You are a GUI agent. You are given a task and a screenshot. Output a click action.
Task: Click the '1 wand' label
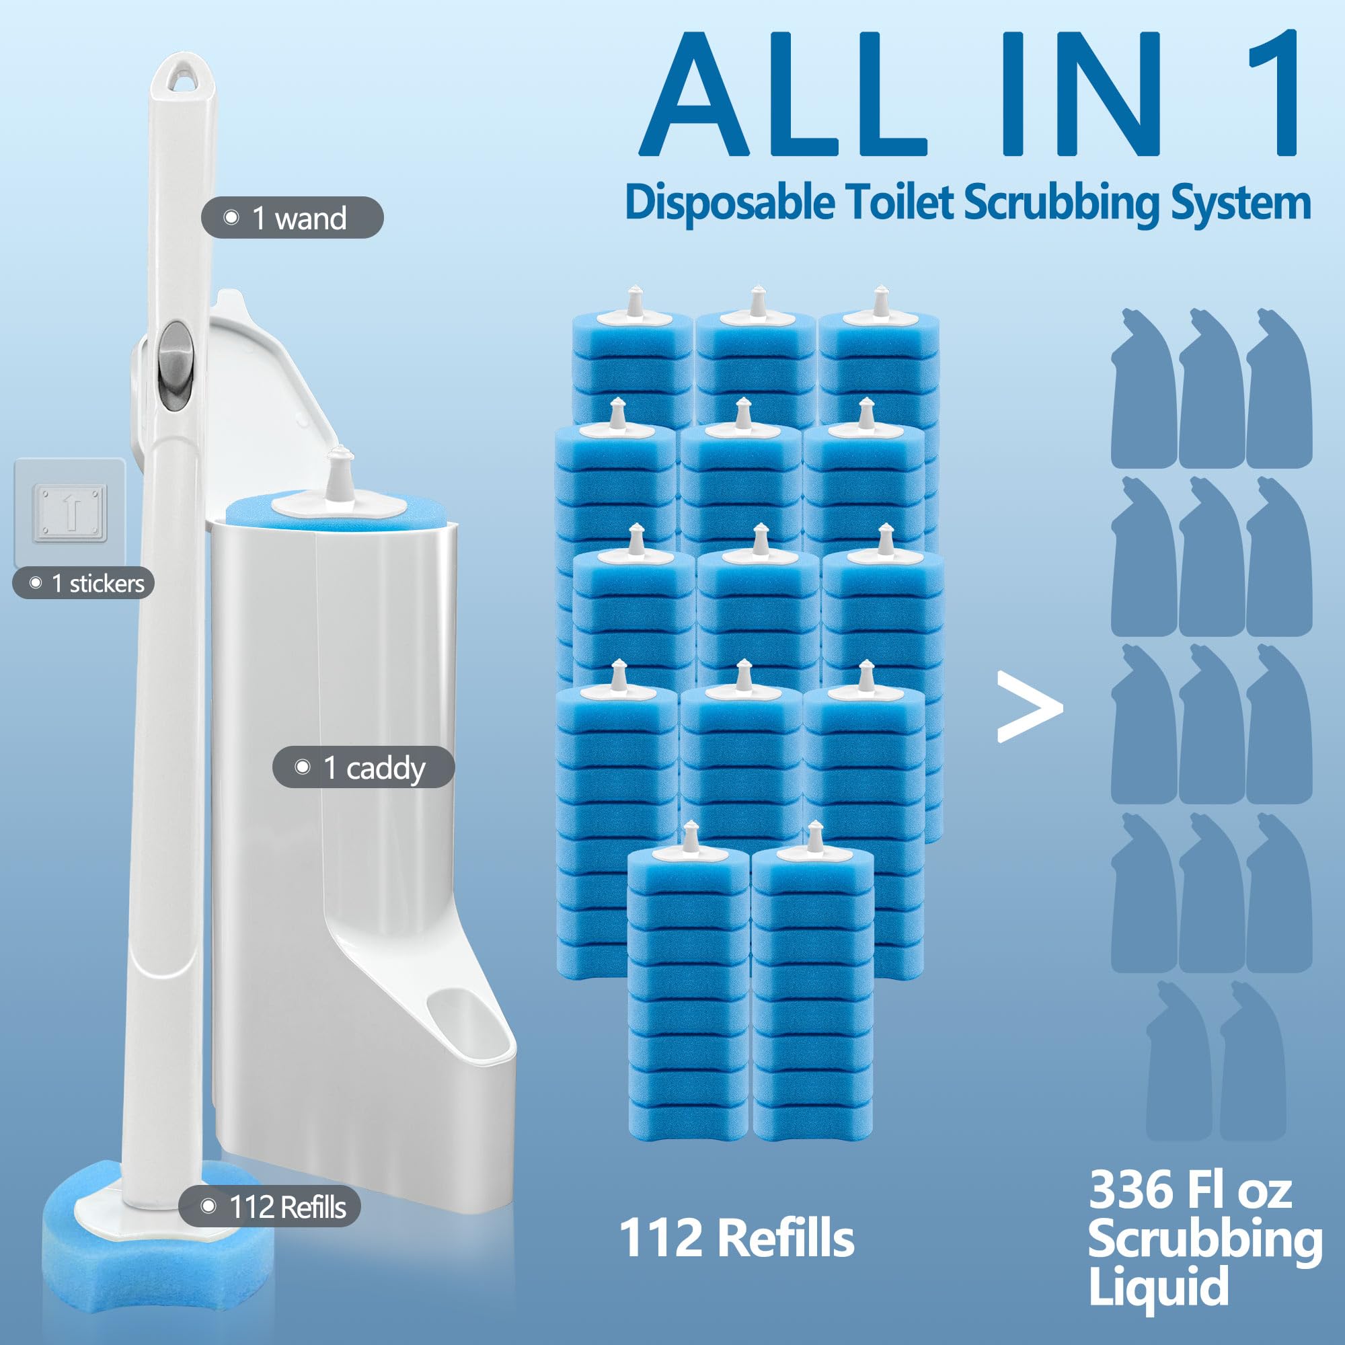[x=293, y=218]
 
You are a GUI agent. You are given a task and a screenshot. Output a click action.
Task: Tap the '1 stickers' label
[x=83, y=583]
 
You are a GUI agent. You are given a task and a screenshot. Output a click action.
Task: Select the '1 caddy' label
[x=363, y=767]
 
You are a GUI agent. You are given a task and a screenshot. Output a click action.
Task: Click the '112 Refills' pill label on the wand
[x=270, y=1206]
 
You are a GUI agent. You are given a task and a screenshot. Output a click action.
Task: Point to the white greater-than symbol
[x=1029, y=707]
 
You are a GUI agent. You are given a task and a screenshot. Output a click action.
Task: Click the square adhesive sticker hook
[x=71, y=512]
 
